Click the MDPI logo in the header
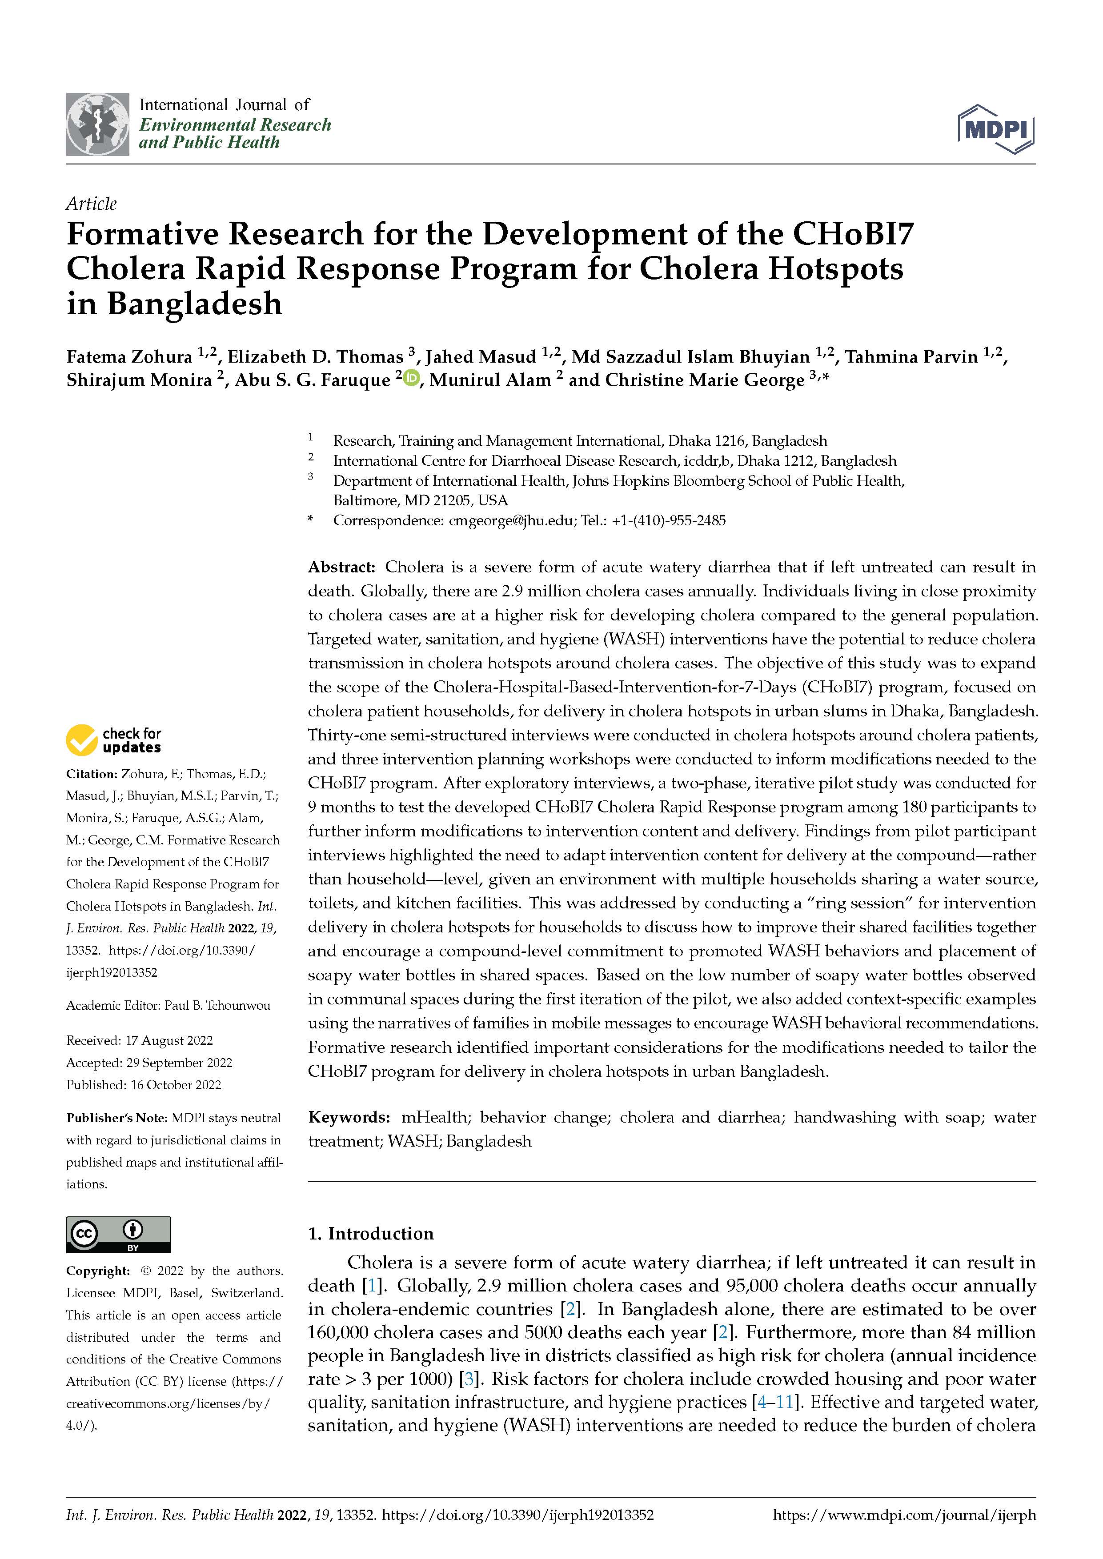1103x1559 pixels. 996,129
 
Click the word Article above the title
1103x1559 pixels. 91,204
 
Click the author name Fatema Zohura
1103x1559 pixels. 129,357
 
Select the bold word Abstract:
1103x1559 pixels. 341,567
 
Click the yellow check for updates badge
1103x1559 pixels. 113,740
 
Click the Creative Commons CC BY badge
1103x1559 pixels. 118,1235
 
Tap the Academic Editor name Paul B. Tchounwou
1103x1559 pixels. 217,1006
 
